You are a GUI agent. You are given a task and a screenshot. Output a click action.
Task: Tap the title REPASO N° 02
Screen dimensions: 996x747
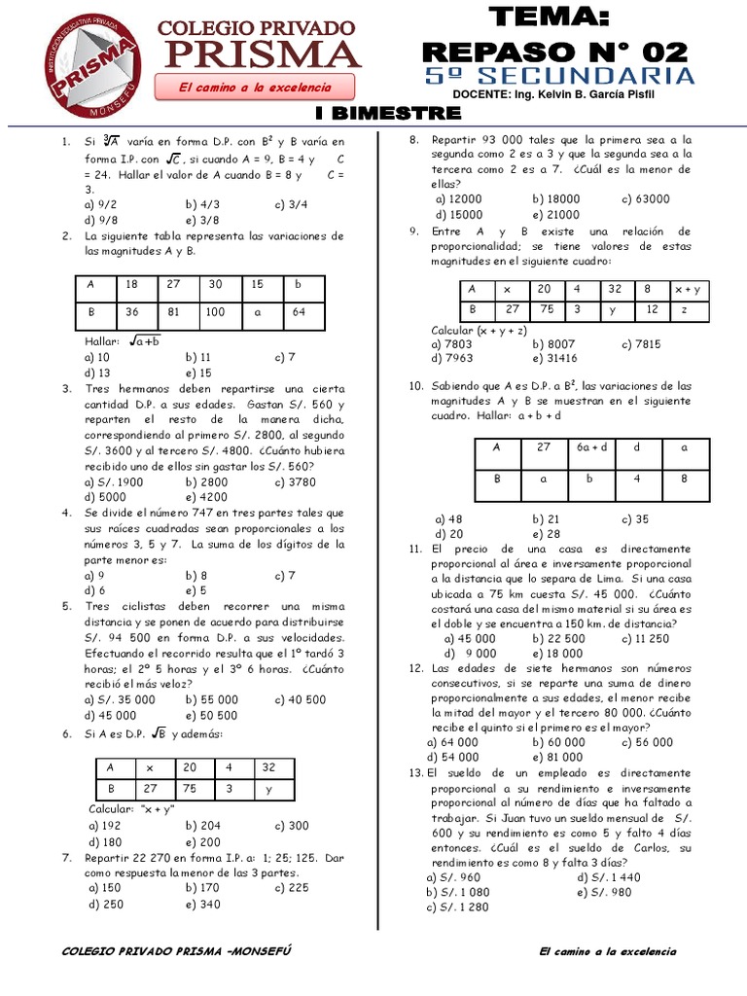pyautogui.click(x=557, y=50)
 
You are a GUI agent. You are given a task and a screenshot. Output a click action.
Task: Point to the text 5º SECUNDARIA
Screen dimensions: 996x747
pyautogui.click(x=559, y=76)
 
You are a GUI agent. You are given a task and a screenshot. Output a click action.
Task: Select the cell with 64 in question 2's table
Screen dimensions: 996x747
pyautogui.click(x=302, y=312)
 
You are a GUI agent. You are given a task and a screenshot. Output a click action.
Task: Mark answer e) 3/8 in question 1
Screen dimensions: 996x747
pyautogui.click(x=204, y=221)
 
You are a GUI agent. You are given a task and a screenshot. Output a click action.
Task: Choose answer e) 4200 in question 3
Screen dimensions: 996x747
pyautogui.click(x=205, y=496)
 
